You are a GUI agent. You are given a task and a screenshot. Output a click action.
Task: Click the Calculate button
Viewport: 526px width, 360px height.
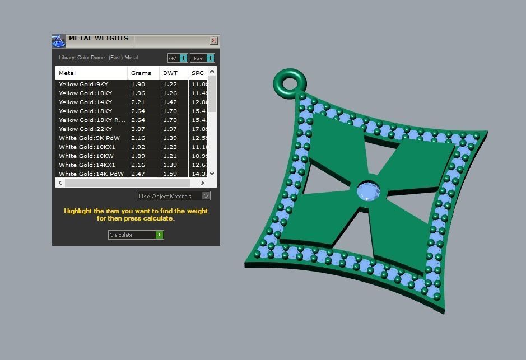tap(136, 235)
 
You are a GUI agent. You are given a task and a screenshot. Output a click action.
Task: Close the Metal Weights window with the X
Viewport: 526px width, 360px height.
tap(213, 41)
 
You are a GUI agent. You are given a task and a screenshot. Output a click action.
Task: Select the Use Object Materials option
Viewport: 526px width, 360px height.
tap(174, 196)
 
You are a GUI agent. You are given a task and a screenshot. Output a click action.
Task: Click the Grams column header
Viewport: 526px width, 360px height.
tap(141, 73)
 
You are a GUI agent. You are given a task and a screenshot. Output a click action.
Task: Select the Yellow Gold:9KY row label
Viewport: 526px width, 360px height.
tap(83, 85)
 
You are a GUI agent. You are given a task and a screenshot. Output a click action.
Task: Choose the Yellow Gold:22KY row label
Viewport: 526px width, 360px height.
tap(85, 129)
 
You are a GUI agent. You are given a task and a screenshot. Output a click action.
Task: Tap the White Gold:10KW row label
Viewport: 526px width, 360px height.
tap(86, 156)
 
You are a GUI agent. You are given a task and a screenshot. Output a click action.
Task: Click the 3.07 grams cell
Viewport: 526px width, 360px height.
tap(138, 129)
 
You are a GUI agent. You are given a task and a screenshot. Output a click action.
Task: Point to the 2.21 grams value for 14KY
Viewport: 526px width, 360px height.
tap(138, 102)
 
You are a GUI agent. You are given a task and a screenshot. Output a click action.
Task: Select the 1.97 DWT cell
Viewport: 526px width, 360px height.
tap(170, 129)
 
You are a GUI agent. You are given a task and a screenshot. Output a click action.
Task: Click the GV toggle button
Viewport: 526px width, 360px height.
tap(178, 58)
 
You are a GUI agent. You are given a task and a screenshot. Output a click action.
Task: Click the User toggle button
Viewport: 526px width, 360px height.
tap(202, 58)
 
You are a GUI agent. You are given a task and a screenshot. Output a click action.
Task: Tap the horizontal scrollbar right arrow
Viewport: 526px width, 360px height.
tap(202, 183)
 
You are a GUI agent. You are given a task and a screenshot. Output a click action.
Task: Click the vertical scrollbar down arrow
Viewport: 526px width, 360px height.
tap(212, 174)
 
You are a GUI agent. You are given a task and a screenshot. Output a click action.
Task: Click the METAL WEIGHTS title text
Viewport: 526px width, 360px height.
tap(99, 39)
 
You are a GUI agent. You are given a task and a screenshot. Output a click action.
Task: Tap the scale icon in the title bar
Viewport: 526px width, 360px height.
tap(59, 41)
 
